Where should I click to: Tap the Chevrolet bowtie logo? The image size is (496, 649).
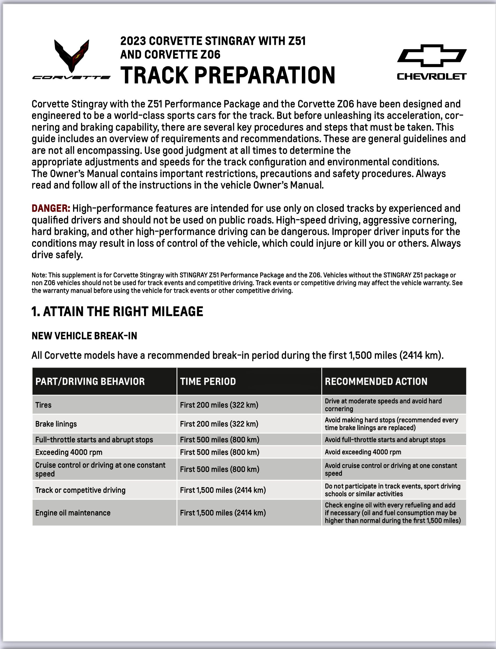tap(432, 56)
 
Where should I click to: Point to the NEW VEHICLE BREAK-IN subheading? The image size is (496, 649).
tap(84, 336)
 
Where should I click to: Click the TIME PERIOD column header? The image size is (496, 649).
tap(208, 381)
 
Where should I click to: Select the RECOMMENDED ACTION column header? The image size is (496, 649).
tap(376, 381)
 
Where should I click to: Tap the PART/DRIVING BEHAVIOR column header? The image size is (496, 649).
tap(90, 381)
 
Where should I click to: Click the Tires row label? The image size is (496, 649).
tap(43, 405)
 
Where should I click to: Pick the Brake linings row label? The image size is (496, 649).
tap(56, 424)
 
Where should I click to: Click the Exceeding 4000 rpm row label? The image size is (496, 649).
tap(69, 452)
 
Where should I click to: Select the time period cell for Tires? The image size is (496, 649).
tap(219, 405)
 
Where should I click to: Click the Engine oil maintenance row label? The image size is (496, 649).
tap(73, 513)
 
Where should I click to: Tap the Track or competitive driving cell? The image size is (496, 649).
tap(80, 490)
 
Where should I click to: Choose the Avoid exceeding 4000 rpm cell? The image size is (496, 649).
tap(363, 452)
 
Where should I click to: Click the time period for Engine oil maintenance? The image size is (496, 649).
tap(223, 513)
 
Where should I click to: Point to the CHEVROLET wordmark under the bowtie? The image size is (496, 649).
tap(432, 77)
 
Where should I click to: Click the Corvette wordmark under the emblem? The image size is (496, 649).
tap(71, 78)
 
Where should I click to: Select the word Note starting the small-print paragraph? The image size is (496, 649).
tap(39, 275)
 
